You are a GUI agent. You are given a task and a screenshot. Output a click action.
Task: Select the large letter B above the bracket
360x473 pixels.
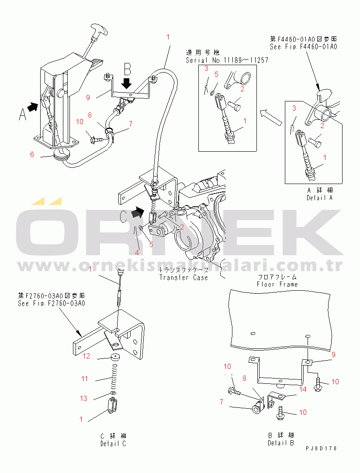[127, 69]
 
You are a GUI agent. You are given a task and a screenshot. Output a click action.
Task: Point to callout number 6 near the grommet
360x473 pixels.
[32, 154]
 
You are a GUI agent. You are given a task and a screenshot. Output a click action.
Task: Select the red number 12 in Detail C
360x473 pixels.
[87, 356]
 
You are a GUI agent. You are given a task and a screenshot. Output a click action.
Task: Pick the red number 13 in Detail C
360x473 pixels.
[83, 398]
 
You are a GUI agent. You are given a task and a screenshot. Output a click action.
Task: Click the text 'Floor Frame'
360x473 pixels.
[277, 284]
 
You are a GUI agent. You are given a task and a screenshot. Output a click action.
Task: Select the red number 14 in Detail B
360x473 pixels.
[302, 389]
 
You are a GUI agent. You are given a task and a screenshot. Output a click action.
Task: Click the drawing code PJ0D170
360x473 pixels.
[322, 449]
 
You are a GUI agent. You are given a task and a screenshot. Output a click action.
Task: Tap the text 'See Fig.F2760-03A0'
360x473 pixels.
[51, 303]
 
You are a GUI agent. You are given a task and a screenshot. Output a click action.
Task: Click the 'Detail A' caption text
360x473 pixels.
[320, 198]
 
